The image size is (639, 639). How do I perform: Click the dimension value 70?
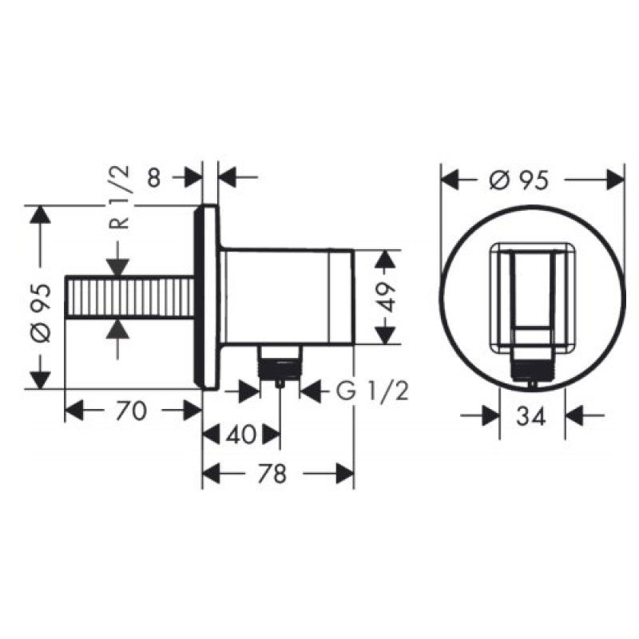(131, 411)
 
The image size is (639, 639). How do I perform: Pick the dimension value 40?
(240, 435)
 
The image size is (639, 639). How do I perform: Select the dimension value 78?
(274, 474)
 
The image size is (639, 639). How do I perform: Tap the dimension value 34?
(530, 415)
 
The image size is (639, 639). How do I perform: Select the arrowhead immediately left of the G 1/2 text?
(308, 391)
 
